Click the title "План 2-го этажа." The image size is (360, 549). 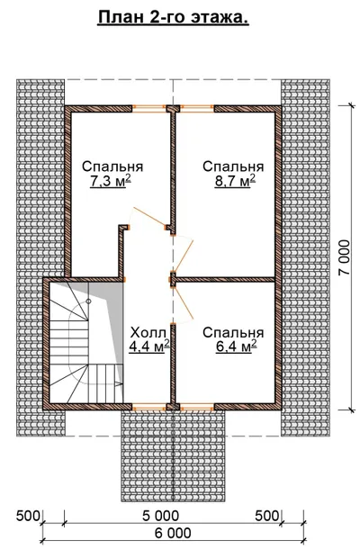point(173,17)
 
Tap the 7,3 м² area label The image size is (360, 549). point(111,181)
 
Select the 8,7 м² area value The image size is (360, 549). point(235,181)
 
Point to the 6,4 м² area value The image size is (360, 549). point(237,346)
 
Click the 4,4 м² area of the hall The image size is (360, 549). point(149,346)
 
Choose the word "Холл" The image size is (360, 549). point(148,331)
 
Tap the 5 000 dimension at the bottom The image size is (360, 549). point(161,516)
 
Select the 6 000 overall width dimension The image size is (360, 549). point(173,533)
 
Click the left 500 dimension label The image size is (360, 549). point(29,516)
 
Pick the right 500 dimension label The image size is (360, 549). point(267,516)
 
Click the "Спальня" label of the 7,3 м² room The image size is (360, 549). point(112,166)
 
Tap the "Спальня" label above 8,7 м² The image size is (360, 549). point(233,166)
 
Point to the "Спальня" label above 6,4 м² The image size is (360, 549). point(233,332)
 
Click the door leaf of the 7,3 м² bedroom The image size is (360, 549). point(149,217)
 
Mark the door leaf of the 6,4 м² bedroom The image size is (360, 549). point(184,302)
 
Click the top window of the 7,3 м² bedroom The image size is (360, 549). point(148,109)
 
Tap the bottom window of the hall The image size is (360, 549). point(148,407)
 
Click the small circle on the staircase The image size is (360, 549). point(88,301)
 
